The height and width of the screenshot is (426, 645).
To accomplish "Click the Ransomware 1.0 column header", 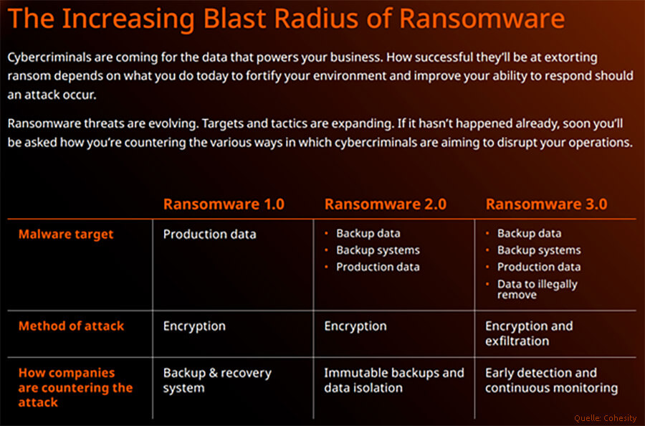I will (x=224, y=204).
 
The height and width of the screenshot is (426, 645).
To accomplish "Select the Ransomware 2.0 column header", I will (x=385, y=204).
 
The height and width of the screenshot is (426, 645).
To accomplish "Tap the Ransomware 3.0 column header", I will (x=546, y=204).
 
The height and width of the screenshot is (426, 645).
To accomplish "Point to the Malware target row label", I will (x=66, y=234).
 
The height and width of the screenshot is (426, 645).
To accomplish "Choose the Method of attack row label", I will (x=71, y=326).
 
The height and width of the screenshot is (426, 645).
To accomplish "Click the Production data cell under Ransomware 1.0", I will (x=209, y=234).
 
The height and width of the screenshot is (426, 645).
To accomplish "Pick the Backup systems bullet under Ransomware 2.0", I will (x=378, y=250).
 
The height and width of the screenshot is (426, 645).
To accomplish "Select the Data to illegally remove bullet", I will (x=537, y=289).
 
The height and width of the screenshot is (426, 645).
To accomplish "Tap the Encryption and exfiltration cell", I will (x=529, y=333).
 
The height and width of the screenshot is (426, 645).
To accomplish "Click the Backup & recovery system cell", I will (x=217, y=380).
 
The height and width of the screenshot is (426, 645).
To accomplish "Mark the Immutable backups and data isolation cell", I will (x=393, y=380).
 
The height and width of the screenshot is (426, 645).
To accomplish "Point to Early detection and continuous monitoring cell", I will (x=551, y=380).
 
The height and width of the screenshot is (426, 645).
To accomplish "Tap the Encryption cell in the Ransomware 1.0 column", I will (x=194, y=326).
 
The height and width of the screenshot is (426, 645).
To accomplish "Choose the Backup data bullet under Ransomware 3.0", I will (x=529, y=234).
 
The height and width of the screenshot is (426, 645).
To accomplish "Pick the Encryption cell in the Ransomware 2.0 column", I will (x=355, y=326).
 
